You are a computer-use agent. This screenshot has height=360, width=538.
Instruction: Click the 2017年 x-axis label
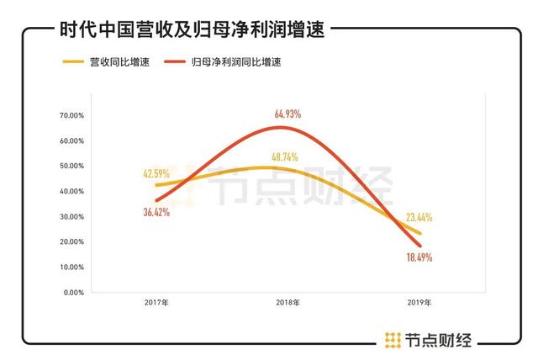click(x=156, y=303)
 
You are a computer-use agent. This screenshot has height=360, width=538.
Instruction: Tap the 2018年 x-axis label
click(x=287, y=303)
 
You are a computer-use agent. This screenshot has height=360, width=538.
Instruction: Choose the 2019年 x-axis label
click(x=418, y=303)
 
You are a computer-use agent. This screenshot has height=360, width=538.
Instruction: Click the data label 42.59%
click(x=156, y=174)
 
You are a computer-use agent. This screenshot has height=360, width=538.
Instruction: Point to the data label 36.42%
click(x=156, y=213)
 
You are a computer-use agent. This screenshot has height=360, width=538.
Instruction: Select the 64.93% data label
click(x=287, y=114)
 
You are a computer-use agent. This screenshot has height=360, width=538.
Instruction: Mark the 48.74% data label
click(x=287, y=156)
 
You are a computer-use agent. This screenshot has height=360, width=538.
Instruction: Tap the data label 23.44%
click(x=418, y=218)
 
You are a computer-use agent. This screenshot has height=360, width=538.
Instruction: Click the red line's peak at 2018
click(x=285, y=128)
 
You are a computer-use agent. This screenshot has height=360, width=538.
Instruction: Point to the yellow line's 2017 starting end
click(x=156, y=185)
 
